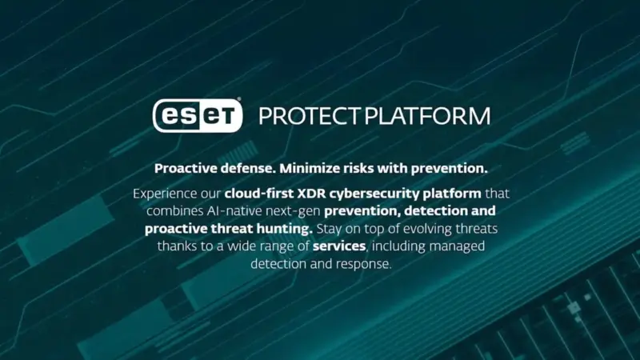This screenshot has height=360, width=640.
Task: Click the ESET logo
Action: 197,116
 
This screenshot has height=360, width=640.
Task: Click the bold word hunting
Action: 271,229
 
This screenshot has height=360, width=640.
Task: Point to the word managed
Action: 459,246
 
